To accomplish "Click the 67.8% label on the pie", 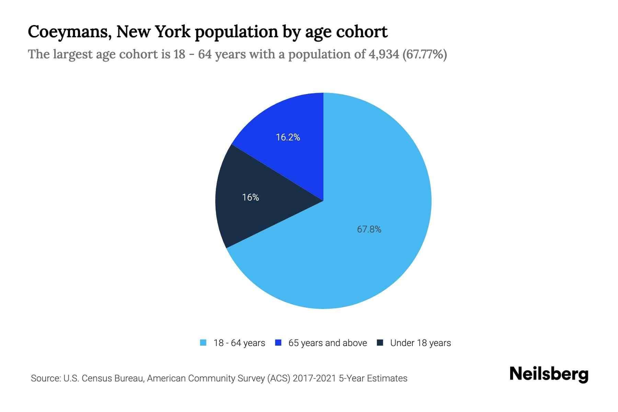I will (x=369, y=229).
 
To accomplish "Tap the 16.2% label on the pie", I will (x=288, y=137).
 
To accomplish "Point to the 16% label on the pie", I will (x=251, y=197).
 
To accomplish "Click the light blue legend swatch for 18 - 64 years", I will (x=203, y=343).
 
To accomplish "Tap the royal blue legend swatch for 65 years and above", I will (x=278, y=343).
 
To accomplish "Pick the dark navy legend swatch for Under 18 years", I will (x=380, y=343).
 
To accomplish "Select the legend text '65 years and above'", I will (x=328, y=343).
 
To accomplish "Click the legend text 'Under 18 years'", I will (x=421, y=343).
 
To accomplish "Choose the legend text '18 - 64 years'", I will (x=239, y=343).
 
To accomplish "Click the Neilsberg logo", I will (x=549, y=374).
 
